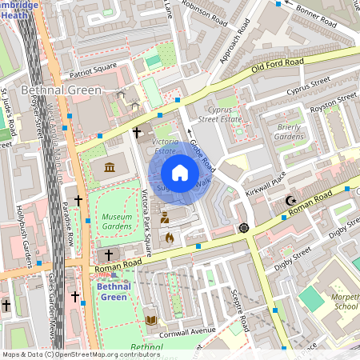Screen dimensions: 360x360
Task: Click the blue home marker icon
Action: click(x=180, y=173)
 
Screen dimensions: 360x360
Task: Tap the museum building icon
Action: click(x=109, y=166)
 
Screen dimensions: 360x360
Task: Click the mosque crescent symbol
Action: click(x=290, y=200)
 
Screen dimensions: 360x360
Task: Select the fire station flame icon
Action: click(x=169, y=237)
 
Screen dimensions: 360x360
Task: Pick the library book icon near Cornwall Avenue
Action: click(x=150, y=320)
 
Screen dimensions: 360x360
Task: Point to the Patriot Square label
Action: click(x=93, y=66)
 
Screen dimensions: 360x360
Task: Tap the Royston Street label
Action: click(x=333, y=102)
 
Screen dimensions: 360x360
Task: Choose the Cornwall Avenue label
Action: click(x=189, y=330)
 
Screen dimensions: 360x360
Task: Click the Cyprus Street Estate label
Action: click(x=219, y=114)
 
